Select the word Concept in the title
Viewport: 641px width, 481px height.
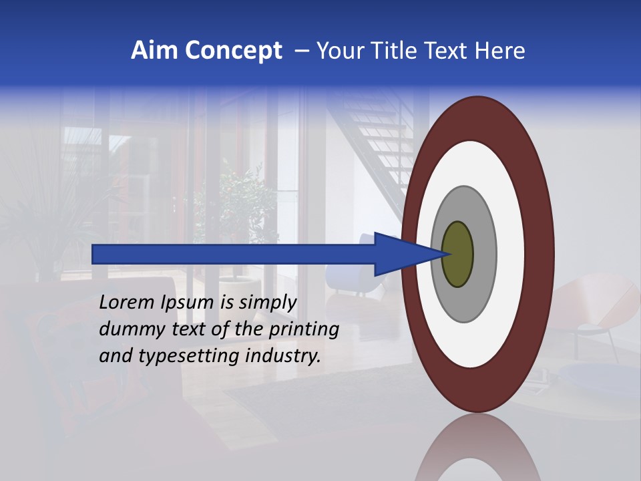click(x=233, y=51)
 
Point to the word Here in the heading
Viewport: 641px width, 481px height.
click(x=500, y=51)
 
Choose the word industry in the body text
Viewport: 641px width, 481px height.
click(x=283, y=356)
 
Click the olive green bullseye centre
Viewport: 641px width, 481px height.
click(x=458, y=254)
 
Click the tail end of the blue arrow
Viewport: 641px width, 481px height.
click(x=97, y=254)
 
